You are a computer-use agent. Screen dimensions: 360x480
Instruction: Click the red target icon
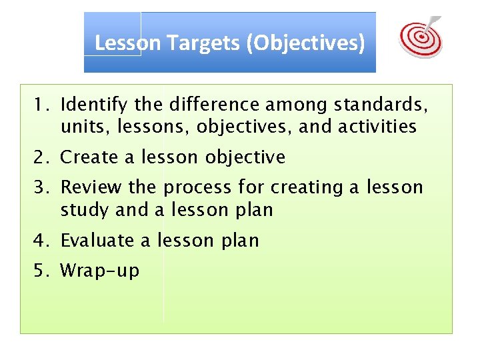click(x=420, y=37)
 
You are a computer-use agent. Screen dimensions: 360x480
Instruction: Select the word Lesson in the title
click(x=128, y=43)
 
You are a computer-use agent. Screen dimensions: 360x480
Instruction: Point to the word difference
click(x=213, y=105)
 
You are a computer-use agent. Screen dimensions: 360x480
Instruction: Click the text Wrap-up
click(x=100, y=271)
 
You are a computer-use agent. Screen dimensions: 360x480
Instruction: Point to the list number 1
click(x=41, y=105)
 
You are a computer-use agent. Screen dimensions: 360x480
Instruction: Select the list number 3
click(x=41, y=187)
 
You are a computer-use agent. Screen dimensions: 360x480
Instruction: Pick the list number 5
click(x=41, y=271)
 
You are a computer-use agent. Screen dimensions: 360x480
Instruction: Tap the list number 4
click(x=41, y=240)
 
